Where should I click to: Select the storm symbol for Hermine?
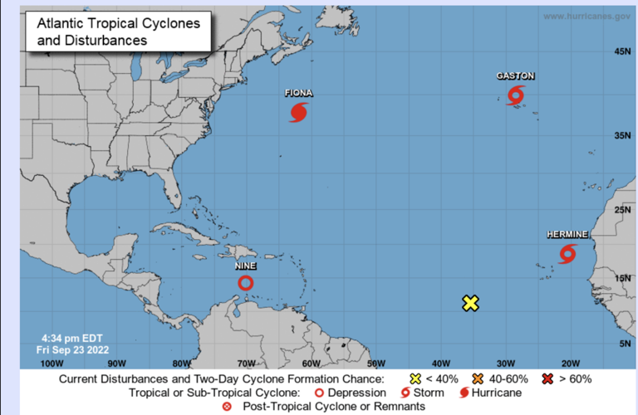pos(567,253)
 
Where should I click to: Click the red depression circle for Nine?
pos(246,283)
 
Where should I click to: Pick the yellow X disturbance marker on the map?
pos(471,303)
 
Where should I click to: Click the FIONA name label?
pos(298,93)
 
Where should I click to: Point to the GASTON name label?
pos(516,76)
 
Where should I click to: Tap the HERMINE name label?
pos(567,235)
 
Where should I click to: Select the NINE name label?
pos(246,266)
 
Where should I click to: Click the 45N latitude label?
pos(622,51)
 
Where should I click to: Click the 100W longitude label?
pos(52,363)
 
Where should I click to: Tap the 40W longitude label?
pos(441,363)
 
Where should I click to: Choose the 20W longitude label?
pos(571,363)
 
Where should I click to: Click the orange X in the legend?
pos(478,379)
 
